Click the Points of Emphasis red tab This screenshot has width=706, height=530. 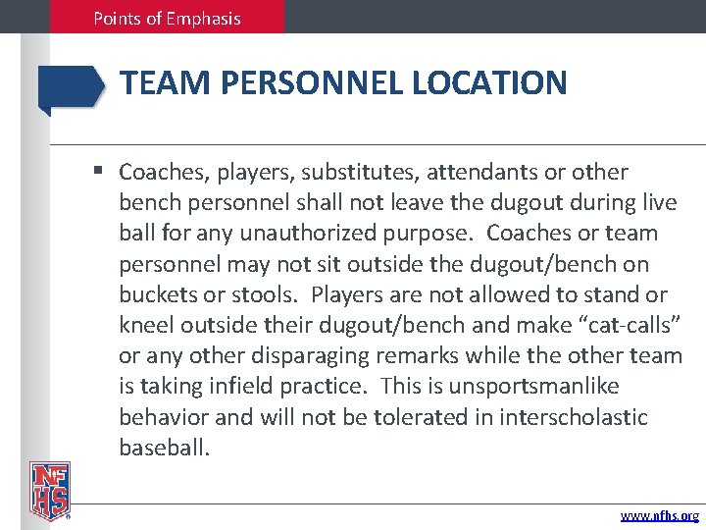click(x=167, y=18)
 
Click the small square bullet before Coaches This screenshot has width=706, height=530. click(x=100, y=173)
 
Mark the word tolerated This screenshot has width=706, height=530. click(x=364, y=417)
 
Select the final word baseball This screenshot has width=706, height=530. click(x=164, y=449)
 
